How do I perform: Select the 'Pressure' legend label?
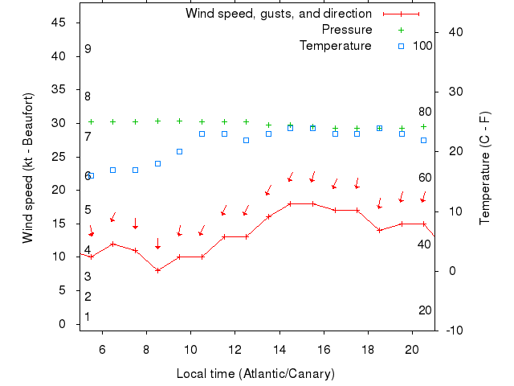click(347, 30)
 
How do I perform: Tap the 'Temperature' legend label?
click(336, 46)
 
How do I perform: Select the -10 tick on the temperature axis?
click(453, 331)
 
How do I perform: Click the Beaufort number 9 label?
click(88, 49)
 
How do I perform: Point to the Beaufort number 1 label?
click(88, 317)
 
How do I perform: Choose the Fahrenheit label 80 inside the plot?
click(425, 112)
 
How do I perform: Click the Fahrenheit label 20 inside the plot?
click(425, 310)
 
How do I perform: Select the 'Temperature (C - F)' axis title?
click(485, 167)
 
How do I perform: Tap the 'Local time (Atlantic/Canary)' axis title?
click(255, 374)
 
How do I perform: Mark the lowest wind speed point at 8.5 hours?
click(158, 270)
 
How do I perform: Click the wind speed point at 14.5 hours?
click(291, 203)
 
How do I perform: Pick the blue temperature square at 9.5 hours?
click(180, 151)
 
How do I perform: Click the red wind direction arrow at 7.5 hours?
click(136, 224)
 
